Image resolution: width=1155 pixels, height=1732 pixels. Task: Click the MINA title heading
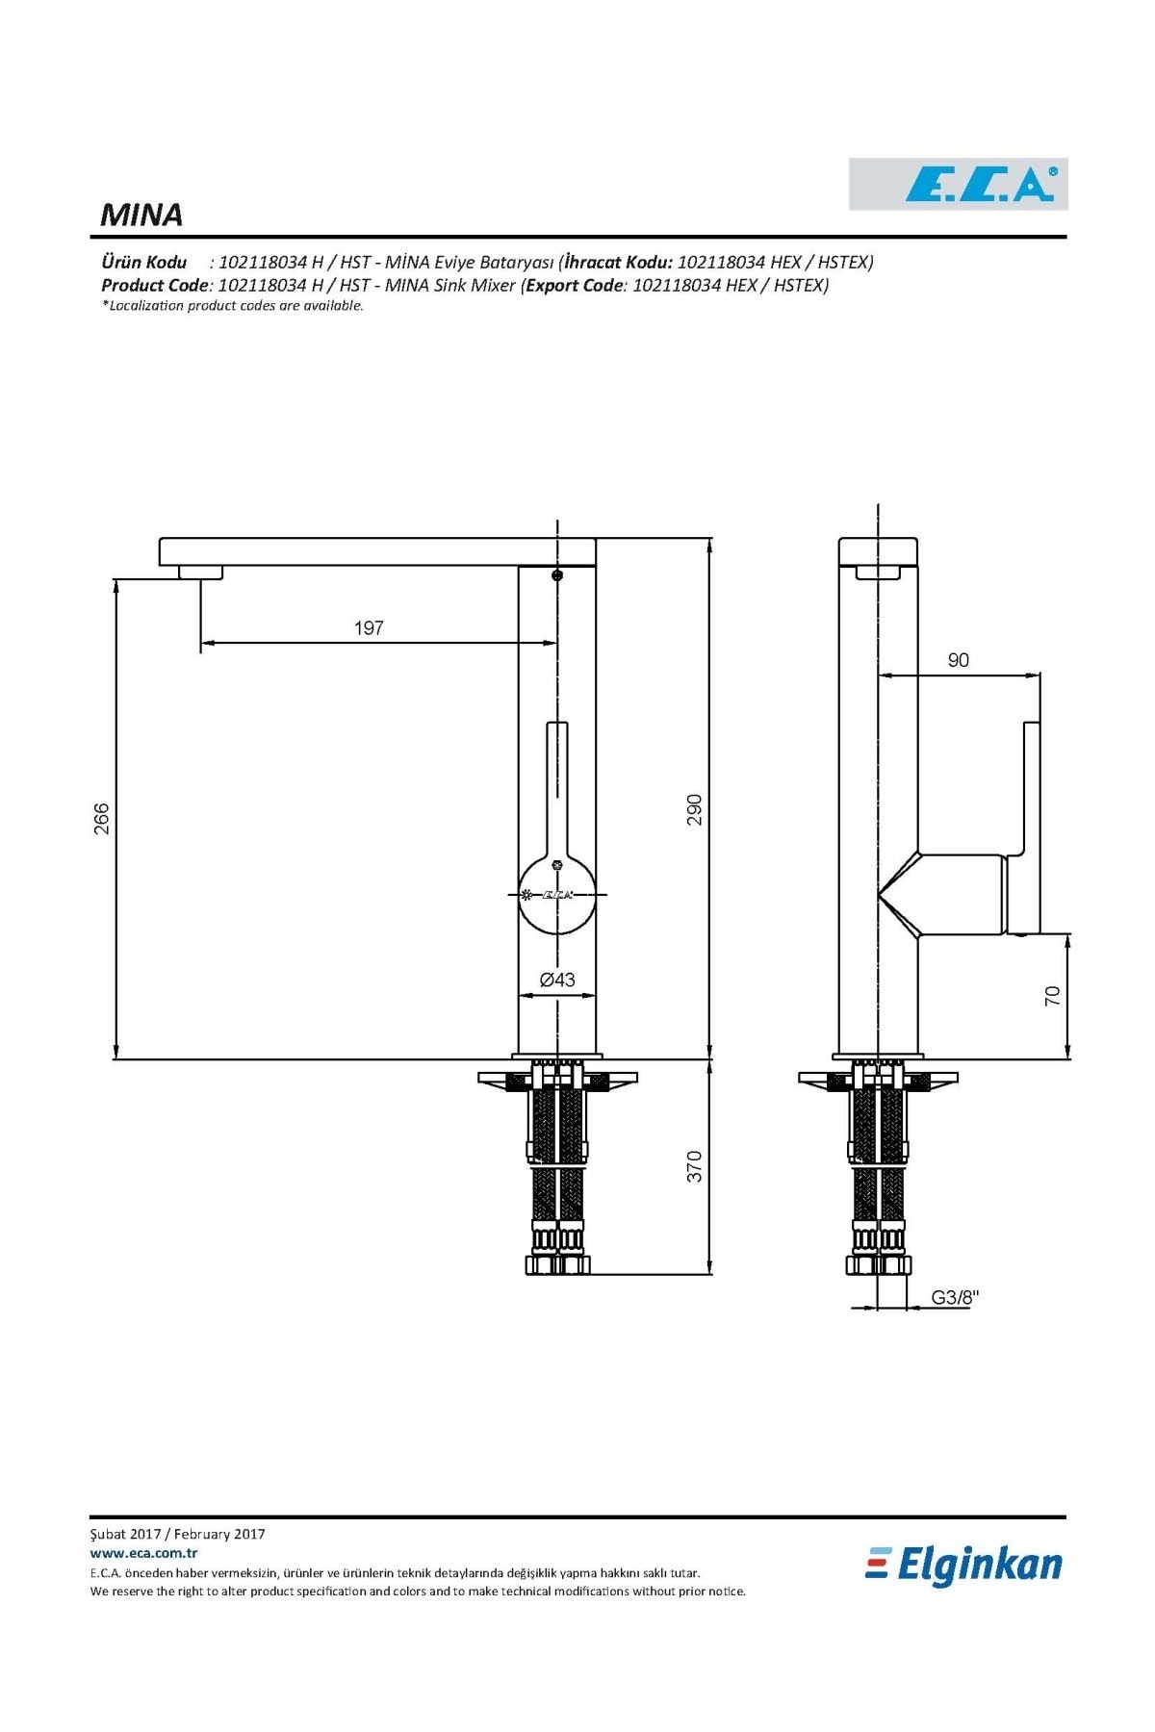(141, 215)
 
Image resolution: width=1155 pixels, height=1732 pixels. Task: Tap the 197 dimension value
(369, 628)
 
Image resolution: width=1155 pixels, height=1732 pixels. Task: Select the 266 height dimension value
(102, 819)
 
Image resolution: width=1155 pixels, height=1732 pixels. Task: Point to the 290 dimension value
(694, 809)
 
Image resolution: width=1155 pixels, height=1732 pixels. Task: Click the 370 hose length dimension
(694, 1166)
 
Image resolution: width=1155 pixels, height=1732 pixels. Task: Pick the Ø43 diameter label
(557, 980)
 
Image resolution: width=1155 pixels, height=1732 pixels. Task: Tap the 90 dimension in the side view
(958, 660)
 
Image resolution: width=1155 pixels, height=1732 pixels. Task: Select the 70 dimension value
(1052, 995)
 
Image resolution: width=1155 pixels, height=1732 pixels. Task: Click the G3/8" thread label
(955, 1297)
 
